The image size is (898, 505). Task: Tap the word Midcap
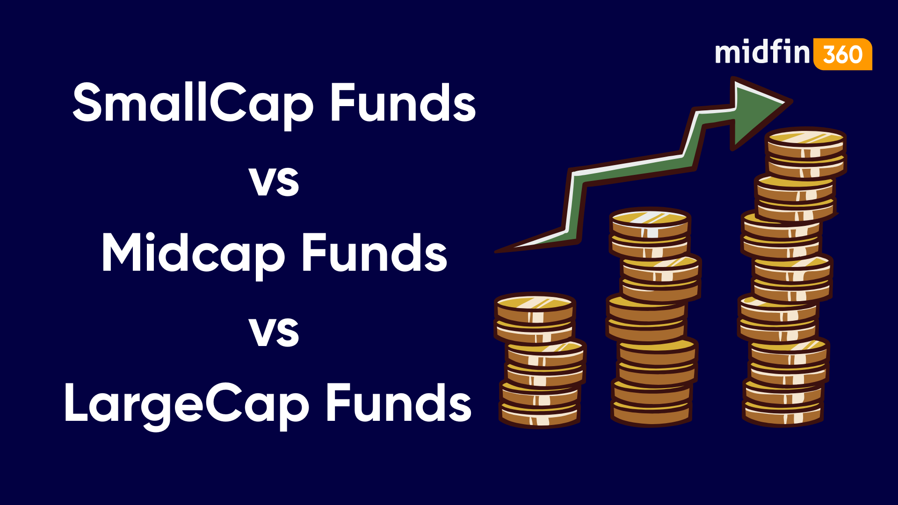pos(193,253)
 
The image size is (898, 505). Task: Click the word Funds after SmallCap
pos(403,103)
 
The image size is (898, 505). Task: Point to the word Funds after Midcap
pos(374,253)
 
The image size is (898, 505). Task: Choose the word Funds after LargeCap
pos(398,403)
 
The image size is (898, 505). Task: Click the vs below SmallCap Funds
pos(274,181)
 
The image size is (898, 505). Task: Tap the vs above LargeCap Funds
pos(274,332)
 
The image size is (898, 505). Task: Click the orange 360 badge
pos(843,54)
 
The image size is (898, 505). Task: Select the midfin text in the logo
pos(762,52)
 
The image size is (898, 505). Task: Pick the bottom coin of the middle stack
pos(652,415)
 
